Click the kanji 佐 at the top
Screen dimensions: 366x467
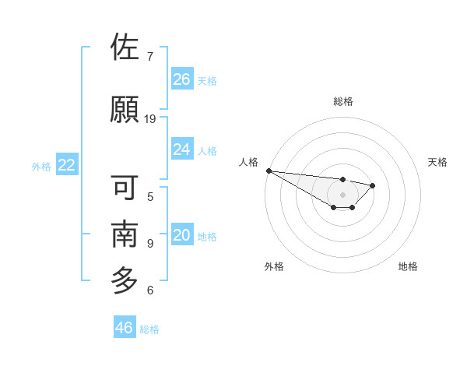click(125, 48)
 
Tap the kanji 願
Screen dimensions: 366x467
click(125, 110)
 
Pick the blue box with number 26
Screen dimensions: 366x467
click(182, 79)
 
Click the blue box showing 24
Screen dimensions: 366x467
click(182, 150)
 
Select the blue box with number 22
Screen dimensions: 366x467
click(67, 165)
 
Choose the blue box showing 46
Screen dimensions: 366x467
click(125, 328)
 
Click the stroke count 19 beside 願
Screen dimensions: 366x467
click(150, 118)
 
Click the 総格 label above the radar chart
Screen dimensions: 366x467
click(342, 101)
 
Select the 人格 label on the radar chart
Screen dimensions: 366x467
click(249, 162)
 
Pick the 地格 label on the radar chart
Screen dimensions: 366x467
click(408, 266)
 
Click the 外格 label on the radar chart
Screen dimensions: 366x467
click(274, 266)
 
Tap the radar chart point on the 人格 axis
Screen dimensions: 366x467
click(269, 171)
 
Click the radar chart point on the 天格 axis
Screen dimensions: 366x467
click(373, 185)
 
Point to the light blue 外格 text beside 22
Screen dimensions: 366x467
click(41, 166)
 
